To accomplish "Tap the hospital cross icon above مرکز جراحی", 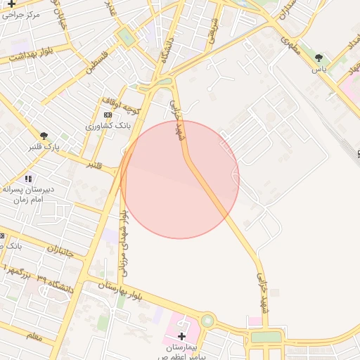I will [x=11, y=4].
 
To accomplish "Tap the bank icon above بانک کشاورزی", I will [x=108, y=114].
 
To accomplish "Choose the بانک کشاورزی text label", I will [x=105, y=125].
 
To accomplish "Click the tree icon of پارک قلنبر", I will [x=44, y=136].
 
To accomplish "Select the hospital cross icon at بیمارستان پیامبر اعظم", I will [x=181, y=336].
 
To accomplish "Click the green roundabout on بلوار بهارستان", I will [x=207, y=321].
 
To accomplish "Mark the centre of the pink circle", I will [x=180, y=179].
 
